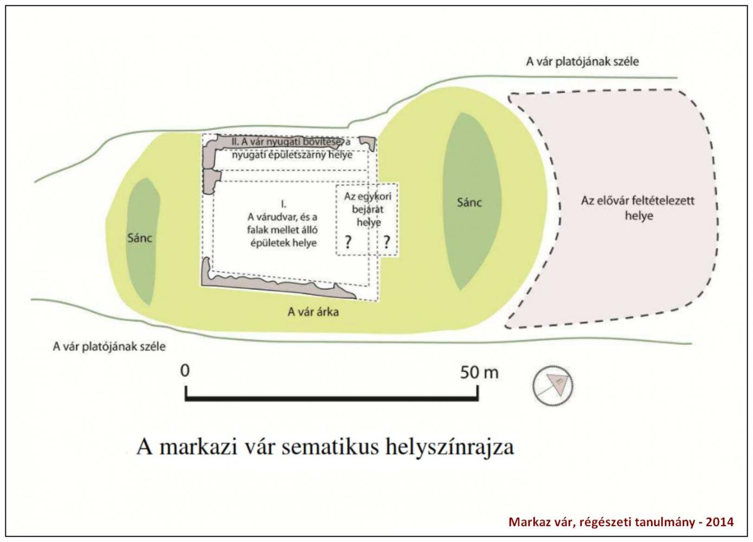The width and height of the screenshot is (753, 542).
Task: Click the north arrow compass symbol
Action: click(553, 385)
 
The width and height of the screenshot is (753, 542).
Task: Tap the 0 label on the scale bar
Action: click(185, 371)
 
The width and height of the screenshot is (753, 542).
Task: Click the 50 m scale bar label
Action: click(479, 373)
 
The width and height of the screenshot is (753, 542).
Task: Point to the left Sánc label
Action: click(139, 238)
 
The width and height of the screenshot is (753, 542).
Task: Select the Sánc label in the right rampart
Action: click(469, 202)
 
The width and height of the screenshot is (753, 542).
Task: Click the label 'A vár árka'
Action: click(313, 312)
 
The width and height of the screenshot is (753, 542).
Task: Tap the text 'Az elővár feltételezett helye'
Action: click(638, 208)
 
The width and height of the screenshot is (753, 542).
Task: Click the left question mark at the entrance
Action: click(348, 242)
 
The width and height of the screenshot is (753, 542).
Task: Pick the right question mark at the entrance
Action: click(387, 242)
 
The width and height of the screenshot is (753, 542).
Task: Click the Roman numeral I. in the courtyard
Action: click(284, 204)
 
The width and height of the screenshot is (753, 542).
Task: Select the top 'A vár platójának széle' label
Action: click(582, 62)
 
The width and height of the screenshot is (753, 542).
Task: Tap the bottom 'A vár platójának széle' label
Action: click(110, 346)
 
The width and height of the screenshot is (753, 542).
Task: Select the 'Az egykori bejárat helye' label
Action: click(368, 209)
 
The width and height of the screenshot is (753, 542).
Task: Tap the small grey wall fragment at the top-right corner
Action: click(368, 143)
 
